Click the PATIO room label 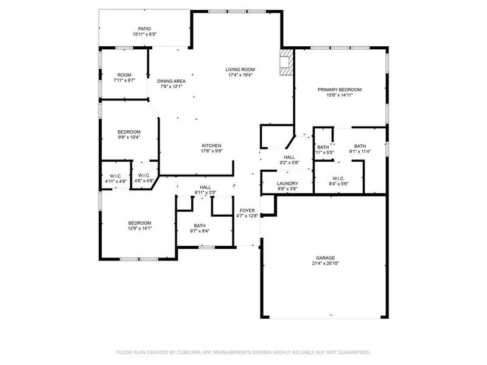144,29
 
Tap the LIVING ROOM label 240,69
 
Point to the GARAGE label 325,257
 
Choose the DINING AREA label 171,81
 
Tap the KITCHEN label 211,145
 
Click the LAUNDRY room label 287,183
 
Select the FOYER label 247,210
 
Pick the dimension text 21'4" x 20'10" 325,263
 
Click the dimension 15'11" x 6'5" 144,35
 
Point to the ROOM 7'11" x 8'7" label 124,74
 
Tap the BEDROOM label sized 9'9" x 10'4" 129,131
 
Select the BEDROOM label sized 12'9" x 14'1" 139,223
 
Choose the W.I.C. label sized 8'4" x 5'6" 339,178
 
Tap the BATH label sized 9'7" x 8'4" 200,225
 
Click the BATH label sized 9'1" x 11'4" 360,146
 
